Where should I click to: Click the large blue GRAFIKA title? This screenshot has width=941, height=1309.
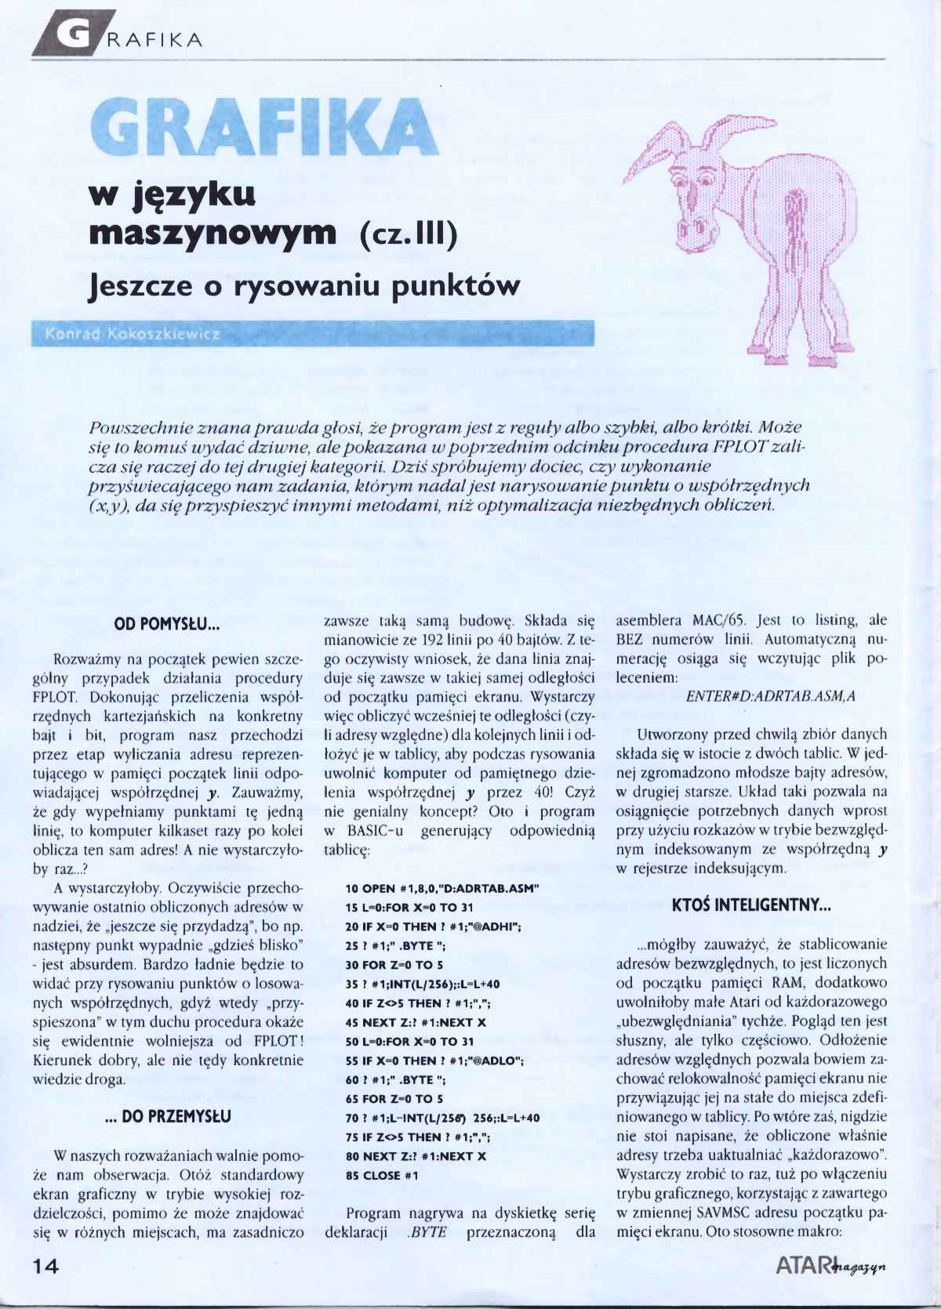pos(264,129)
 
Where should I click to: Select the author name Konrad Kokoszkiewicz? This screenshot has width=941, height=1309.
pos(133,335)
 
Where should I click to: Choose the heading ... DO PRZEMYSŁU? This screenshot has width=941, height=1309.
pos(167,1116)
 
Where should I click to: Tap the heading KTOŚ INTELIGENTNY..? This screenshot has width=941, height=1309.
pos(750,905)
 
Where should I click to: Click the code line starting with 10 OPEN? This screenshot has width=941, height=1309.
pos(441,888)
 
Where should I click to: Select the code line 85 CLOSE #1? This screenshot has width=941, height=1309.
pos(382,1176)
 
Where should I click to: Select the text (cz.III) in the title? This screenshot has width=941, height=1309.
pos(408,234)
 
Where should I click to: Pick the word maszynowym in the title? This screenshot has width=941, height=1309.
pos(212,232)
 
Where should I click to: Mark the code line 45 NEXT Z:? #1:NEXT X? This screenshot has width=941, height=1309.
pos(416,1022)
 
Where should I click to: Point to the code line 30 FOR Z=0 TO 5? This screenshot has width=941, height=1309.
pos(394,965)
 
